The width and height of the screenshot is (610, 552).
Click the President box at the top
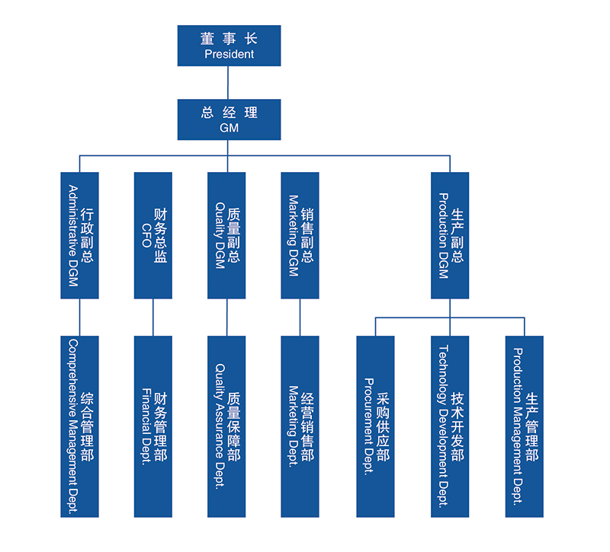(229, 45)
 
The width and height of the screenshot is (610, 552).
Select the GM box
(229, 119)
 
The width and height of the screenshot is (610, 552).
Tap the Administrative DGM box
(80, 235)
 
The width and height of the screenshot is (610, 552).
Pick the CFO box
(153, 235)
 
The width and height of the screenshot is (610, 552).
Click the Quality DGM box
(226, 235)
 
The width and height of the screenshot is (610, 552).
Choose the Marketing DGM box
(300, 235)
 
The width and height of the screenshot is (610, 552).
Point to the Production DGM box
(450, 235)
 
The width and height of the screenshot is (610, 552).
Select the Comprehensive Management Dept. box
(80, 426)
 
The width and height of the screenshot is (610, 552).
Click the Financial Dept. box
(153, 426)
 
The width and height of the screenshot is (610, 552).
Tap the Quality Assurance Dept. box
(226, 426)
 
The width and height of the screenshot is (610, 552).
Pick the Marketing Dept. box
(300, 426)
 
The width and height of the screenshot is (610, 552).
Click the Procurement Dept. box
(375, 426)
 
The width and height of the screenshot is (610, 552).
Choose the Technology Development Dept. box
(450, 426)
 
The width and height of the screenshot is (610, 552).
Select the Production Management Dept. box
(525, 426)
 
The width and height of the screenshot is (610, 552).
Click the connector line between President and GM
(229, 82)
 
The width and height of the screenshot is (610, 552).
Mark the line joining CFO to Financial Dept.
(153, 317)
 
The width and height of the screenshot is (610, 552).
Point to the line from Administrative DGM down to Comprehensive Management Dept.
(80, 317)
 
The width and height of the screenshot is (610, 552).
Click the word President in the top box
(229, 54)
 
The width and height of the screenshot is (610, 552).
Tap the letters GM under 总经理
(229, 128)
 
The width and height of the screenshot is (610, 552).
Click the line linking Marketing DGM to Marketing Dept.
(300, 317)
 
